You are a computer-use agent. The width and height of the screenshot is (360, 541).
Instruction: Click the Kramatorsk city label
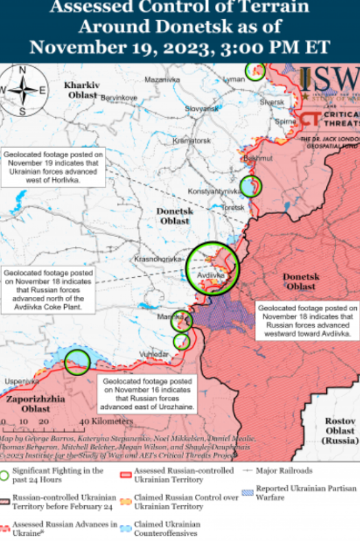[x=194, y=140]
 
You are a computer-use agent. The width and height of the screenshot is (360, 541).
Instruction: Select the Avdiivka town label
[x=211, y=275]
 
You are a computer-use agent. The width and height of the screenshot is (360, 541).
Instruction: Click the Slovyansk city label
[x=201, y=109]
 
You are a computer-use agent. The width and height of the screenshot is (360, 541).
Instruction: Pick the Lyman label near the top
[x=234, y=79]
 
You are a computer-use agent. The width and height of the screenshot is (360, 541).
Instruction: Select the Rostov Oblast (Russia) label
[x=339, y=430]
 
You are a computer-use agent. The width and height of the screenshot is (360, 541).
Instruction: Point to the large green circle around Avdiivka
[x=212, y=267]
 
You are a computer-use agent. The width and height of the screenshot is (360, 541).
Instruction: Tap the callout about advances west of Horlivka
[x=53, y=168]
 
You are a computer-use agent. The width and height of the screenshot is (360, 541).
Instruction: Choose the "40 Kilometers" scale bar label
[x=107, y=421]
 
